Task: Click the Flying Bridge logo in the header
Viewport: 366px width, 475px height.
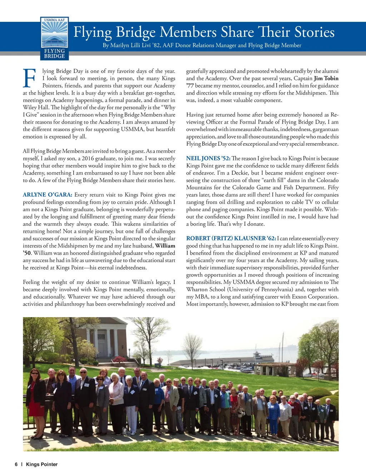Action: (x=54, y=39)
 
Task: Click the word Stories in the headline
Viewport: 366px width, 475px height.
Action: (x=315, y=32)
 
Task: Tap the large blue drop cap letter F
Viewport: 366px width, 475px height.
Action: (x=29, y=78)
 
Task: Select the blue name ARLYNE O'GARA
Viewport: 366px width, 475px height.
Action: (x=48, y=195)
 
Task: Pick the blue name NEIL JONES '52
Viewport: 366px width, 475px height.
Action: (x=208, y=158)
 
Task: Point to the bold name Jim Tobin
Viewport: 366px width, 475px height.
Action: (x=326, y=78)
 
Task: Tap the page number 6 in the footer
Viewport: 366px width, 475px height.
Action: (x=16, y=464)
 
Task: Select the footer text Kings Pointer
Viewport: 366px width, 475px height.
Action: (x=42, y=464)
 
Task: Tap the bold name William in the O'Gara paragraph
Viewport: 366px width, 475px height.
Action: (x=165, y=246)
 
